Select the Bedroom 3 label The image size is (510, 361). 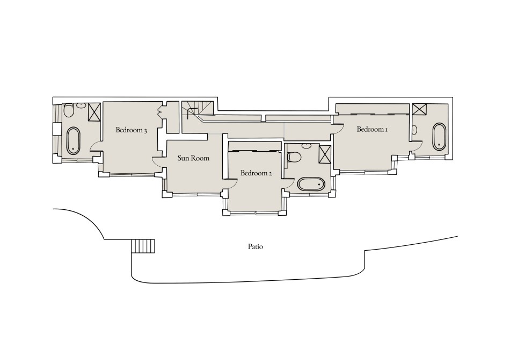pos(132,130)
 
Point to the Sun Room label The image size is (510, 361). pos(193,158)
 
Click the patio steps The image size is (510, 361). pos(143,246)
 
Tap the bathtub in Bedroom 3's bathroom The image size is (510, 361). pos(72,140)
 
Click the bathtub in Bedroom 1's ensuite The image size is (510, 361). pos(439,136)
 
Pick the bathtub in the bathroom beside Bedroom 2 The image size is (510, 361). pos(311,185)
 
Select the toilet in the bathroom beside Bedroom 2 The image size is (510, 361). pos(294,157)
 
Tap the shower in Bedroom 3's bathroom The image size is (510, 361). pos(94,112)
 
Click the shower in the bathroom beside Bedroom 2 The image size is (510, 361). pos(325,154)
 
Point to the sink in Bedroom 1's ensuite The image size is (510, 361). pos(416,130)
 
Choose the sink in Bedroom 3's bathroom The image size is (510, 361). pos(81,106)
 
